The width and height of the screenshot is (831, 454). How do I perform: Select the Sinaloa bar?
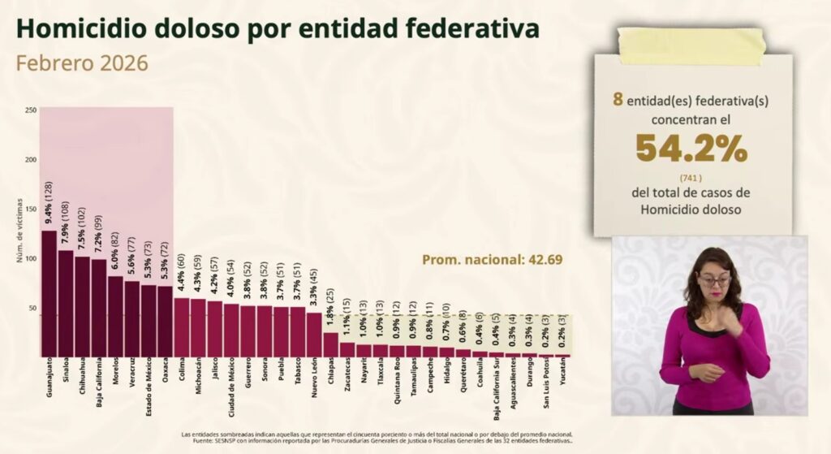[x=66, y=304]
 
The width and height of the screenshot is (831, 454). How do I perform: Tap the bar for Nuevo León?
[x=314, y=335]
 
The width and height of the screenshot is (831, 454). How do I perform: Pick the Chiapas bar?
[x=330, y=344]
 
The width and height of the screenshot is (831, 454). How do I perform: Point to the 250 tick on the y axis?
[x=31, y=110]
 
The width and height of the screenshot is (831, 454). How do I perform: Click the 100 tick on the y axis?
[x=31, y=258]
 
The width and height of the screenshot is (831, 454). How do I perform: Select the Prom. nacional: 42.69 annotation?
[x=492, y=260]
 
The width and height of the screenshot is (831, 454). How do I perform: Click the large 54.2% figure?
[x=691, y=149]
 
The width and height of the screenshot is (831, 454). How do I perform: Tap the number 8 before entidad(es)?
[x=618, y=100]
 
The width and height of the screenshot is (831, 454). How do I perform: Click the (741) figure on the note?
[x=691, y=177]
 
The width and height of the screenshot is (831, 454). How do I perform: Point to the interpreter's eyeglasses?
[x=714, y=281]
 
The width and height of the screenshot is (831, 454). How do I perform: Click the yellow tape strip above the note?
[x=691, y=45]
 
